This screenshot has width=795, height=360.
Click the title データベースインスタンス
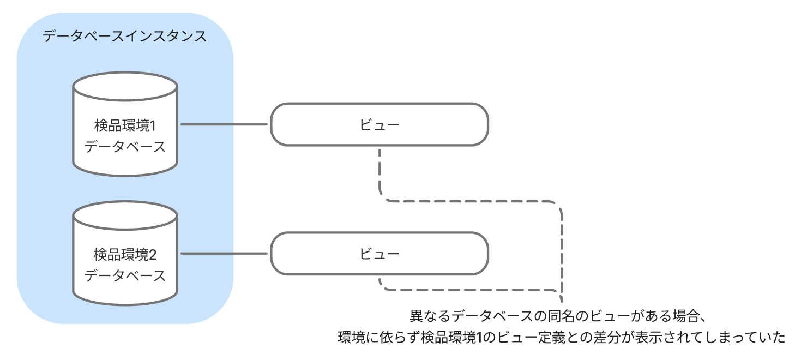pos(125,37)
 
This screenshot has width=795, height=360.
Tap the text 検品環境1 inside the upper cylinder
pos(125,126)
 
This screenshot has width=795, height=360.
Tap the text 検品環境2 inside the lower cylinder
pos(125,255)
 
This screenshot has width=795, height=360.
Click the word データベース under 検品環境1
pos(125,147)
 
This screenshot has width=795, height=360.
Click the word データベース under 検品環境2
pos(125,275)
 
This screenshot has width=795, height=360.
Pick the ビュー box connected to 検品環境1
pos(380,124)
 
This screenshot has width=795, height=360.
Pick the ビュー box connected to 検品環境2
pos(380,254)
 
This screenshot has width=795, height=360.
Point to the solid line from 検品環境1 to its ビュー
pos(225,124)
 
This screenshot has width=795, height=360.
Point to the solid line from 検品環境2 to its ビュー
pos(225,254)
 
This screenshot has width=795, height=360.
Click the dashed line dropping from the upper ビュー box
pos(380,175)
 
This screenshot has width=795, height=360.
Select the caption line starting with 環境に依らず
pos(561,338)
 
